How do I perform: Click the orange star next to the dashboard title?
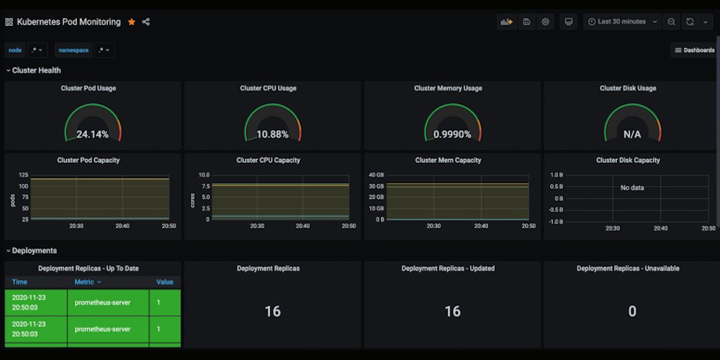(x=132, y=22)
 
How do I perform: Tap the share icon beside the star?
(x=146, y=22)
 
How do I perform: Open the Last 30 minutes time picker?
(x=622, y=22)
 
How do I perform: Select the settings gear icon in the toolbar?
(x=546, y=22)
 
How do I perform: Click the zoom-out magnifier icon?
(x=671, y=22)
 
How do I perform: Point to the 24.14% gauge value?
(x=92, y=135)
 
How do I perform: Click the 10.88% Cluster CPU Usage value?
(x=272, y=135)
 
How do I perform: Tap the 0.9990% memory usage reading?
(x=452, y=135)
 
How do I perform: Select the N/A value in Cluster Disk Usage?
(x=632, y=135)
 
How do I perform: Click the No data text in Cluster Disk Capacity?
(x=632, y=188)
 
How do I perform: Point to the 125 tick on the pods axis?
(x=24, y=175)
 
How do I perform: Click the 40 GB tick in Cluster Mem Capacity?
(x=377, y=175)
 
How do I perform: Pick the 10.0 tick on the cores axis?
(x=204, y=175)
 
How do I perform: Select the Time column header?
(x=19, y=282)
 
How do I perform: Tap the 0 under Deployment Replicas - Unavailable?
(x=632, y=312)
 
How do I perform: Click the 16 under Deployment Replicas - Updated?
(x=452, y=312)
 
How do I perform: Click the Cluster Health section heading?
(x=36, y=71)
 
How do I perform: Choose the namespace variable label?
(x=73, y=50)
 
